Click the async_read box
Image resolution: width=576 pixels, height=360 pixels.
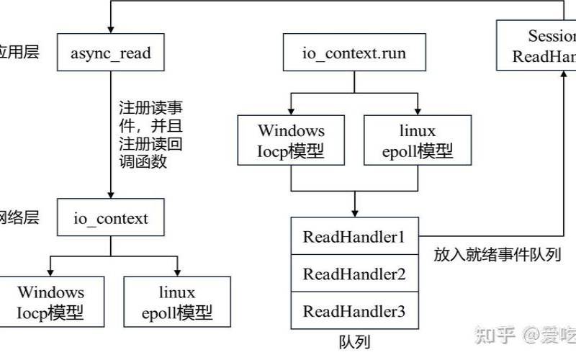point(111,52)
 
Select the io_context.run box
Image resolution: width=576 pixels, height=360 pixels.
point(354,53)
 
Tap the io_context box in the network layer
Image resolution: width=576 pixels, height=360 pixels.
point(111,217)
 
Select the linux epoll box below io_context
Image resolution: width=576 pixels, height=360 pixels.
point(176,302)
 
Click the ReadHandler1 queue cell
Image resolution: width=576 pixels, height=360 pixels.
point(354,236)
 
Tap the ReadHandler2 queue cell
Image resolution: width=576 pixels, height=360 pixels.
point(354,274)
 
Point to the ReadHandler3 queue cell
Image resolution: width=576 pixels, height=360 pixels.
point(354,311)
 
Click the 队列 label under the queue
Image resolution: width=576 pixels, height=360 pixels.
point(354,341)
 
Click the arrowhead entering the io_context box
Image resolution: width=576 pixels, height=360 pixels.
point(111,195)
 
